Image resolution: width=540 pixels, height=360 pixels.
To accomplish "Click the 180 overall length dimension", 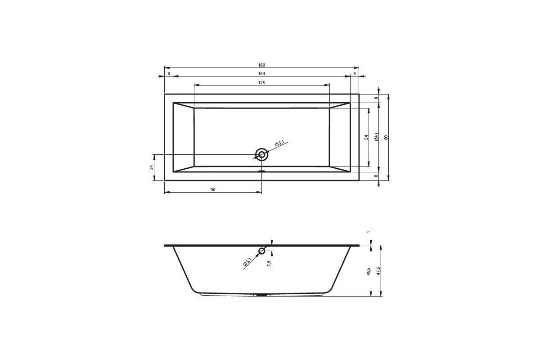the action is [x=261, y=65].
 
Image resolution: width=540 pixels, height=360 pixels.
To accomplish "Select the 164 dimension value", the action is [x=261, y=73].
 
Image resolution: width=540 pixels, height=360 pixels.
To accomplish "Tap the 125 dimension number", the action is [x=261, y=83].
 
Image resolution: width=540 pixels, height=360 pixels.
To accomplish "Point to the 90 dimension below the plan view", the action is [x=213, y=190].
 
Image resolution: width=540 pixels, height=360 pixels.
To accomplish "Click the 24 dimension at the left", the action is [x=152, y=167].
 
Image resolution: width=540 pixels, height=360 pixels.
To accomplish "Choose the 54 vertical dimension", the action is [x=366, y=137].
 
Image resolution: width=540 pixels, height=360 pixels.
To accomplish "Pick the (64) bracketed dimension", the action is [x=377, y=137].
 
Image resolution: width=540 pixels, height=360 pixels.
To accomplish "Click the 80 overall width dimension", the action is [x=386, y=137].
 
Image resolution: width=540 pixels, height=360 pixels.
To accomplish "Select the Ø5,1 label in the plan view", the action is [x=280, y=144].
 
